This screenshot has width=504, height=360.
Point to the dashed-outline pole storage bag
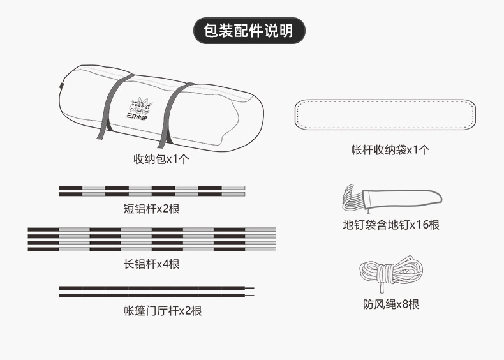pyautogui.click(x=387, y=114)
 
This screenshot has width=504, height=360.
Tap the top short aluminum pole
pyautogui.click(x=152, y=188)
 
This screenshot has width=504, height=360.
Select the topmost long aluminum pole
pyautogui.click(x=152, y=229)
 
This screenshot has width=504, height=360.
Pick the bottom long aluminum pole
pyautogui.click(x=152, y=249)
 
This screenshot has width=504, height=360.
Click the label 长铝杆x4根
pyautogui.click(x=152, y=264)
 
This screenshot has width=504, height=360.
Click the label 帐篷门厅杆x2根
pyautogui.click(x=163, y=311)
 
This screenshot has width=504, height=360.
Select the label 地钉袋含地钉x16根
pyautogui.click(x=390, y=225)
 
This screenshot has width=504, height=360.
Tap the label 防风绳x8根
pyautogui.click(x=390, y=305)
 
